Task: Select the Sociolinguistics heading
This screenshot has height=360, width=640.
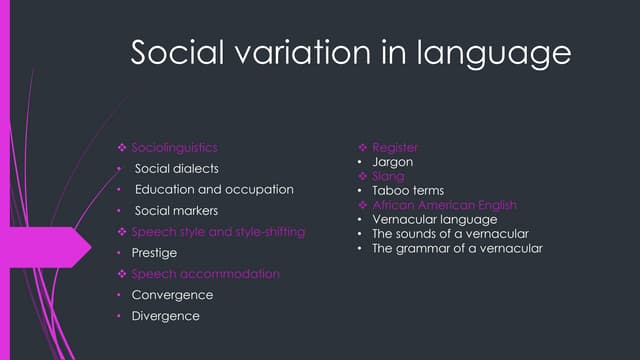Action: [174, 147]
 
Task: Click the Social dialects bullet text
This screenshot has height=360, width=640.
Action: [176, 168]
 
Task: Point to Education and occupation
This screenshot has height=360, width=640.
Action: [214, 189]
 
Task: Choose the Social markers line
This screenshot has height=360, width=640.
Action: [176, 210]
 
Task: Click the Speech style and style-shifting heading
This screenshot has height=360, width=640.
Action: [218, 231]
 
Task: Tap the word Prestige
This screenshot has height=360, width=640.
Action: [154, 253]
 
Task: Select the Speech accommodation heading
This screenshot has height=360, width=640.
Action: [206, 273]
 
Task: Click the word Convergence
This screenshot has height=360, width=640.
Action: [172, 295]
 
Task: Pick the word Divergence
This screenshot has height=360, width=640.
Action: [166, 316]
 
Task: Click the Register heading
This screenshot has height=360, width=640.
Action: [394, 147]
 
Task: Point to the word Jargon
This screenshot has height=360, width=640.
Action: [392, 161]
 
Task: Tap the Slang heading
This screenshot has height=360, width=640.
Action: [388, 176]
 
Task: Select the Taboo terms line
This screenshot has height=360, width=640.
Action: [407, 190]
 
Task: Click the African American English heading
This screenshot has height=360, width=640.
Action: [444, 205]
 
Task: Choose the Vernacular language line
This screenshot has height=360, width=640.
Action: [434, 219]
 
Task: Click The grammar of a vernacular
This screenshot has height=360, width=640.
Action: [457, 248]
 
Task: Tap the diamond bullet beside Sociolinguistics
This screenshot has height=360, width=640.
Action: [122, 148]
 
